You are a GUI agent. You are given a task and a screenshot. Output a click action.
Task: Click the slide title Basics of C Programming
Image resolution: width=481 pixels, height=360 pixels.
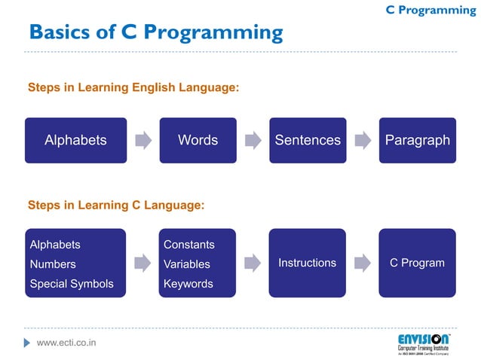(155, 32)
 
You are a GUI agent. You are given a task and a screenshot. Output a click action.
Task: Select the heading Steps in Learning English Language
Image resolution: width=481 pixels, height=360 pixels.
(133, 88)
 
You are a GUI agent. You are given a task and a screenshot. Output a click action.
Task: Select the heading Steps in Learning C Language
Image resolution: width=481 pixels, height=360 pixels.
(116, 204)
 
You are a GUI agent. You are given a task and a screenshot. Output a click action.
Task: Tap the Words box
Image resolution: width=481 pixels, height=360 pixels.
(198, 140)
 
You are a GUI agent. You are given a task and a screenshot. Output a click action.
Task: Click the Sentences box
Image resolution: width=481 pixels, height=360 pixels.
(308, 140)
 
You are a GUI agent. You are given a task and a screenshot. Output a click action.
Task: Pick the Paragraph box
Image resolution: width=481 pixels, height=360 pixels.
(417, 140)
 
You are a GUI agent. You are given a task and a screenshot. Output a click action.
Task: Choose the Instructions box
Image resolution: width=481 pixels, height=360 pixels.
(308, 263)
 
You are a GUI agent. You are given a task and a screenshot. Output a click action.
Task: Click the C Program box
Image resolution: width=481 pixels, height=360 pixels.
(417, 263)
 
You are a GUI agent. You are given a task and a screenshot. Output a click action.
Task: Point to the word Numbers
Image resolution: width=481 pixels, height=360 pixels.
(53, 264)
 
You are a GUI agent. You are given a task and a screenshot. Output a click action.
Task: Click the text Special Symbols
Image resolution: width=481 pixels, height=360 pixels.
(72, 284)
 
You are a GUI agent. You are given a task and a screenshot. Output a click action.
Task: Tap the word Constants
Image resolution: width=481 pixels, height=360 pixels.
(189, 245)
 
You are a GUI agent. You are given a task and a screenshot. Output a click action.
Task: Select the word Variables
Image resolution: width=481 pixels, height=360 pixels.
(187, 264)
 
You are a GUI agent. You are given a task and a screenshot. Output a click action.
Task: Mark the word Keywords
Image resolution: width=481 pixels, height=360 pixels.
(188, 284)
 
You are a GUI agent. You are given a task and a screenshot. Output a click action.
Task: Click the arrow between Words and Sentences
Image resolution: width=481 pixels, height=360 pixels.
(253, 140)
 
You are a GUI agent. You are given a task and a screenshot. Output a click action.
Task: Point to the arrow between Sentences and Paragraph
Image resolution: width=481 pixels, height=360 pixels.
(363, 140)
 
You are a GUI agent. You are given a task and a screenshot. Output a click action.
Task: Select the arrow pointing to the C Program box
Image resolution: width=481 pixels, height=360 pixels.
(363, 263)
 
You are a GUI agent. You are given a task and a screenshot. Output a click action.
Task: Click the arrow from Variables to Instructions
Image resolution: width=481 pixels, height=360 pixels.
(253, 263)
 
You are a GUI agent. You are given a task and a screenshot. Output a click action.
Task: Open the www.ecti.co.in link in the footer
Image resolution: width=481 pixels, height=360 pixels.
(66, 343)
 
